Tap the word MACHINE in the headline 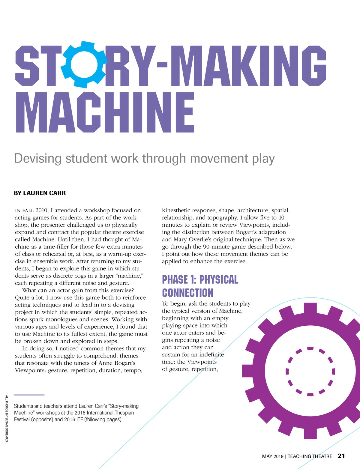point(105,112)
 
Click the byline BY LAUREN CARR point(40,193)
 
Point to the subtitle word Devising point(38,159)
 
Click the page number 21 point(341,456)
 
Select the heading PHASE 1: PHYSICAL point(200,279)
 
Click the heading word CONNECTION point(187,293)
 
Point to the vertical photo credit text point(7,418)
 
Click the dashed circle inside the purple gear point(310,371)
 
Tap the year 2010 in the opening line point(42,211)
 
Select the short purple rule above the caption point(29,395)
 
